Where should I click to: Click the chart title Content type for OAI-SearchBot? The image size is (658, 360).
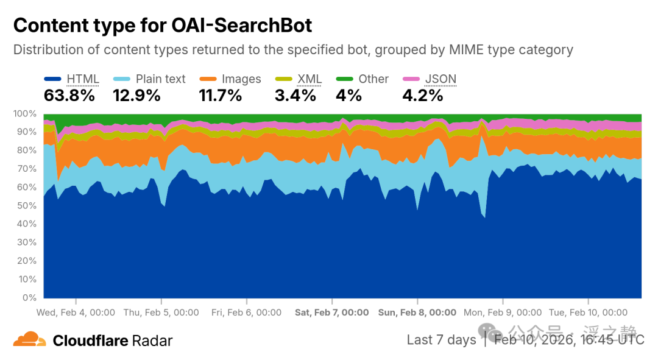click(x=163, y=25)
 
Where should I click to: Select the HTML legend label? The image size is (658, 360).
click(x=83, y=79)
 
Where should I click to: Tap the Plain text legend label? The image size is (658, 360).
click(x=160, y=79)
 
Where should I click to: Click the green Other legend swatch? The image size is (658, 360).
click(x=344, y=79)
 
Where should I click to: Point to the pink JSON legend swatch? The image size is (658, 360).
click(x=411, y=79)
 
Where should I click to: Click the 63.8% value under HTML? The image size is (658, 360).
click(x=69, y=96)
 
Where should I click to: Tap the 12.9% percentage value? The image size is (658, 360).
click(x=136, y=96)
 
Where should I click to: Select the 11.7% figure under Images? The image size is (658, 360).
click(x=221, y=96)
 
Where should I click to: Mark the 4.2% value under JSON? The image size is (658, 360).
click(x=423, y=96)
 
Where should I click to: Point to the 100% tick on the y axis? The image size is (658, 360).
click(x=25, y=114)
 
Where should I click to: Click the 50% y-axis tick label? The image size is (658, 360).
click(x=26, y=206)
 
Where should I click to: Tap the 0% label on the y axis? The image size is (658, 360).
click(x=29, y=297)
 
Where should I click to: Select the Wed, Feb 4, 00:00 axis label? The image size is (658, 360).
click(x=76, y=312)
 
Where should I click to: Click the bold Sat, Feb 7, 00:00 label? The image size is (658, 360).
click(x=331, y=312)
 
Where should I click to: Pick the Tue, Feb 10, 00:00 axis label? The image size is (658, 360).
click(x=588, y=312)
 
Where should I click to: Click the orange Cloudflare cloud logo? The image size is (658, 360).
click(x=29, y=339)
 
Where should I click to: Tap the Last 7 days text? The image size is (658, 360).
click(x=442, y=339)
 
